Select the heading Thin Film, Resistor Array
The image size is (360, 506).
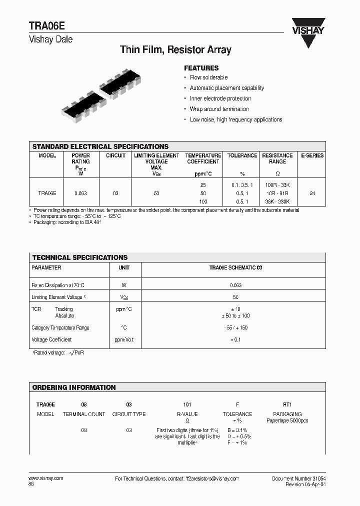pos(175,49)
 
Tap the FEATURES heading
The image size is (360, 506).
pos(201,68)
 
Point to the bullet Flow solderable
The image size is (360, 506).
pos(208,77)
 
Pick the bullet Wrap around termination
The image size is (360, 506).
pos(219,109)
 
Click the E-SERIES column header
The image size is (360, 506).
pos(312,155)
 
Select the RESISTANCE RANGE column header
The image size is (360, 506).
pos(277,158)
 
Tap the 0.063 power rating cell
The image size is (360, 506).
pos(80,192)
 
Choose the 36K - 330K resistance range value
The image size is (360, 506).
pos(277,201)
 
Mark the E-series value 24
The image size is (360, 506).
pos(312,192)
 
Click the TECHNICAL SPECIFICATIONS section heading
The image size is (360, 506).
pos(80,257)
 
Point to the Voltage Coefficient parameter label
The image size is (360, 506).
pos(52,340)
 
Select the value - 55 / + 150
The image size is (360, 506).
pos(235,328)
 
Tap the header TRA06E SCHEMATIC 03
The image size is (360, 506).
pos(235,268)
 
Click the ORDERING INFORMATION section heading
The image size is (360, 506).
pos(74,387)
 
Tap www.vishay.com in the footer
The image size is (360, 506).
pos(46,478)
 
